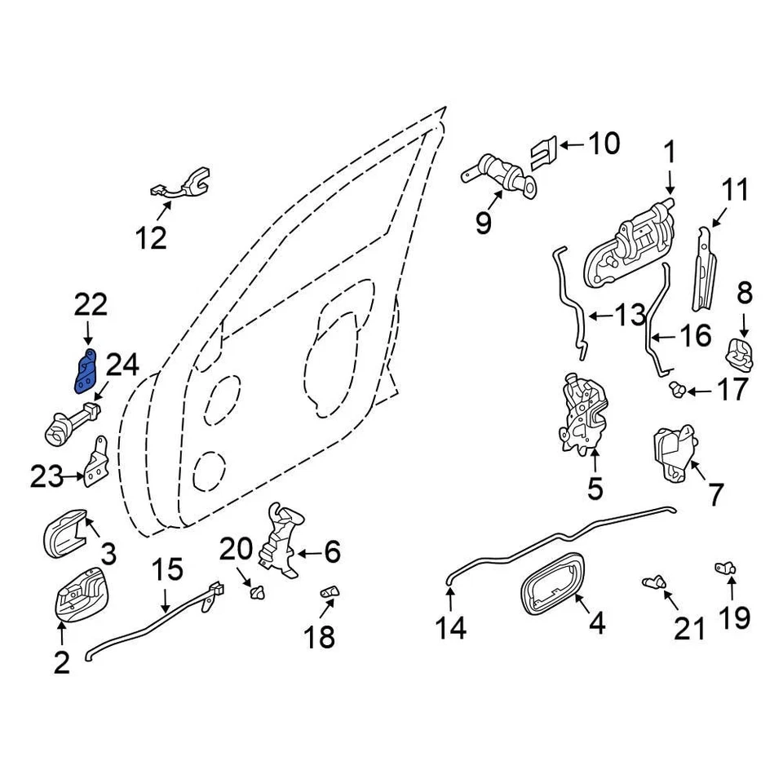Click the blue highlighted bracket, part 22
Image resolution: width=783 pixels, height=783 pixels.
86,371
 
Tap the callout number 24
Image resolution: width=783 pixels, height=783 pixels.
122,365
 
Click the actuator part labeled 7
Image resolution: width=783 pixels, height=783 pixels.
674,453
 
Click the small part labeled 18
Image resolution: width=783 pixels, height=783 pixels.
329,591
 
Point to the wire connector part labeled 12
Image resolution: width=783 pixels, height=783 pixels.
181,186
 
